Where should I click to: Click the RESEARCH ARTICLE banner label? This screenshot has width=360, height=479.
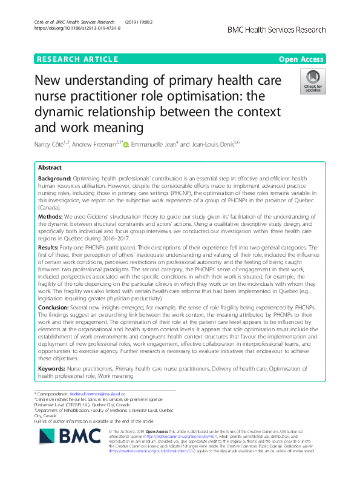(77, 59)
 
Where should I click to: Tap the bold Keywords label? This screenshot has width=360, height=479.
(52, 368)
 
